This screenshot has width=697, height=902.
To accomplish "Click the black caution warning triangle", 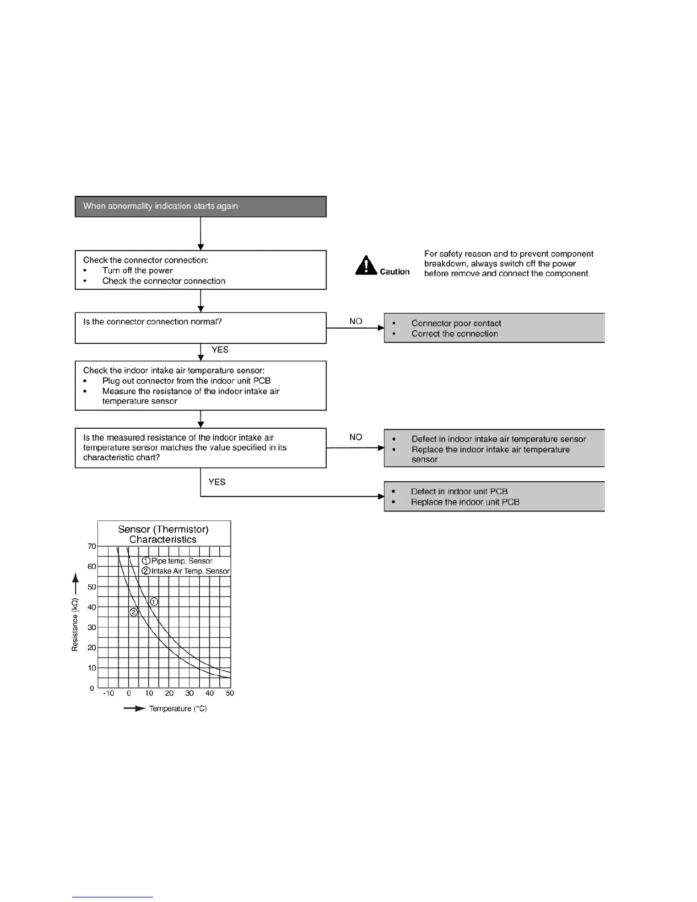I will pyautogui.click(x=366, y=265).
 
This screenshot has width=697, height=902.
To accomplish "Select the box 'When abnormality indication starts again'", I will pyautogui.click(x=200, y=206).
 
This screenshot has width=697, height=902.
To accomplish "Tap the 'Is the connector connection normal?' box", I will pyautogui.click(x=200, y=327).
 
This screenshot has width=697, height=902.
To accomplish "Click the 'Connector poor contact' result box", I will pyautogui.click(x=494, y=328).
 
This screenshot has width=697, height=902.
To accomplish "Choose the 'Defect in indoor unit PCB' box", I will pyautogui.click(x=494, y=497).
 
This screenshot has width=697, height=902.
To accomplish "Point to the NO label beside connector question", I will pyautogui.click(x=356, y=321).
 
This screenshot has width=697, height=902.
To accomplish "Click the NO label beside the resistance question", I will pyautogui.click(x=356, y=437).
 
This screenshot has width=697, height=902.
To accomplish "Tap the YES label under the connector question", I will pyautogui.click(x=220, y=350).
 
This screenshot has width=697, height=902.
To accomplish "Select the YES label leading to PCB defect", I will pyautogui.click(x=217, y=482).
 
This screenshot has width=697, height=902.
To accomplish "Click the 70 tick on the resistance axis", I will pyautogui.click(x=92, y=546).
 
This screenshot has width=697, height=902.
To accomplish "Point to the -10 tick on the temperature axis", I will pyautogui.click(x=108, y=693).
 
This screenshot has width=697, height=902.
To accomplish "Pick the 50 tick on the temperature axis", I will pyautogui.click(x=229, y=693).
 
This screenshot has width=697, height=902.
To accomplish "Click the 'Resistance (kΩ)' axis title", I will pyautogui.click(x=75, y=624).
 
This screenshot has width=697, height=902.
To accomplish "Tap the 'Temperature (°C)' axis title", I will pyautogui.click(x=178, y=708).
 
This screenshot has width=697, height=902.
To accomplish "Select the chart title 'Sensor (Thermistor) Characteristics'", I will pyautogui.click(x=163, y=534).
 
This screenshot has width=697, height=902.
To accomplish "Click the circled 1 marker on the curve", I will pyautogui.click(x=154, y=601).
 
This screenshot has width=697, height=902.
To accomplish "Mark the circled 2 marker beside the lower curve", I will pyautogui.click(x=134, y=612).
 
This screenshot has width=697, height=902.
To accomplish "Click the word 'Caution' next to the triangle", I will pyautogui.click(x=395, y=272).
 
